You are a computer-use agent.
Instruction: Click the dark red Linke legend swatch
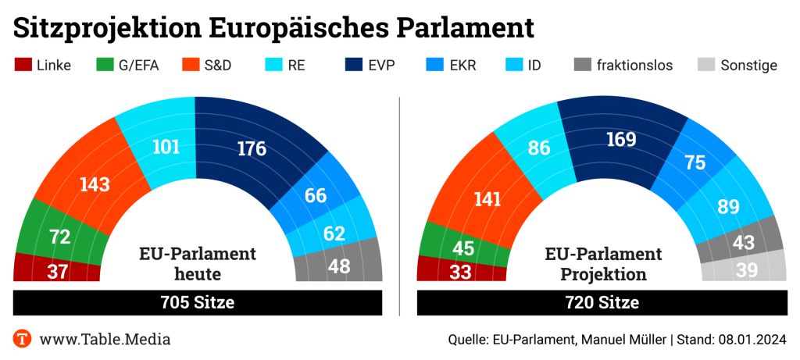(23, 65)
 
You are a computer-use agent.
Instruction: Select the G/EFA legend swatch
(105, 65)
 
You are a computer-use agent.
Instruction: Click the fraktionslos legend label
(634, 65)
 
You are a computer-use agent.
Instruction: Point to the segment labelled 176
(252, 148)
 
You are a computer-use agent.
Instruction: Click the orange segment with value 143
(93, 184)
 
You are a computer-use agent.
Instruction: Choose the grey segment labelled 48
(338, 266)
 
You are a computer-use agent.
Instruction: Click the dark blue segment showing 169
(620, 140)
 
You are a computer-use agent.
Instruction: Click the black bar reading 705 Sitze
(197, 302)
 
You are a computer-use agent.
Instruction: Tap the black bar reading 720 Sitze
(602, 302)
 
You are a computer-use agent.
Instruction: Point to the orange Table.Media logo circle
(23, 339)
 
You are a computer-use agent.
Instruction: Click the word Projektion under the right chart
(603, 274)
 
